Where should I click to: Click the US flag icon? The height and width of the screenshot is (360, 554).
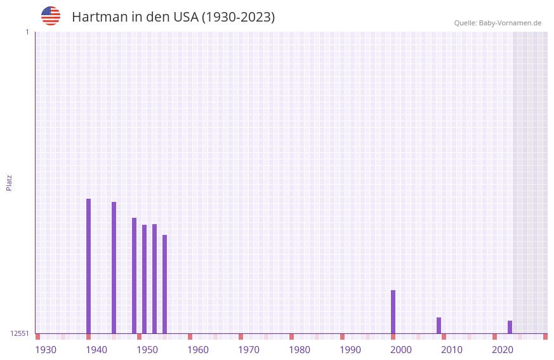tap(51, 16)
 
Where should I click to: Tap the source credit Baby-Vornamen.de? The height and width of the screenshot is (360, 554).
tap(510, 23)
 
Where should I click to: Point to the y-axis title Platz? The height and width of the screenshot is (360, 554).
tap(9, 182)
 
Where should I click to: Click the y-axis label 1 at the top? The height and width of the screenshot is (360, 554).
tap(27, 32)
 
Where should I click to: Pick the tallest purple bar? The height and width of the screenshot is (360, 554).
tap(88, 266)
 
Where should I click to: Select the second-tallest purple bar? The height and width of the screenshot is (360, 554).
tap(114, 267)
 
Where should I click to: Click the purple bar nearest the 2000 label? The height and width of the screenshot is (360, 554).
tap(393, 312)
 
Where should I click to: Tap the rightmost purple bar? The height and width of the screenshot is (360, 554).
tap(510, 327)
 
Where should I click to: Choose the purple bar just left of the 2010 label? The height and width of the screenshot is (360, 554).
tap(439, 325)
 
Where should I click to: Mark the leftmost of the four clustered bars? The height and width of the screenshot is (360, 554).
tap(134, 276)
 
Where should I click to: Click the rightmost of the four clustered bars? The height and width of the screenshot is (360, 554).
tap(164, 284)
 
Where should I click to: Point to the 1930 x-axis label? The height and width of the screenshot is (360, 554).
tap(46, 350)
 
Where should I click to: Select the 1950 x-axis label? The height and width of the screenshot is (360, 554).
tap(147, 350)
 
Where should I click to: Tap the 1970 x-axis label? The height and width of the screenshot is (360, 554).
tap(249, 350)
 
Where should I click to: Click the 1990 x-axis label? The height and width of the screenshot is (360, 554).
tap(350, 350)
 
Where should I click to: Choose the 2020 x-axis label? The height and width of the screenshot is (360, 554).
tap(503, 350)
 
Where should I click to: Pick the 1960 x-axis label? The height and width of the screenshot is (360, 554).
tap(198, 350)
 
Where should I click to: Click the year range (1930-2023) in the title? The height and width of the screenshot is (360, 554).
tap(238, 17)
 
